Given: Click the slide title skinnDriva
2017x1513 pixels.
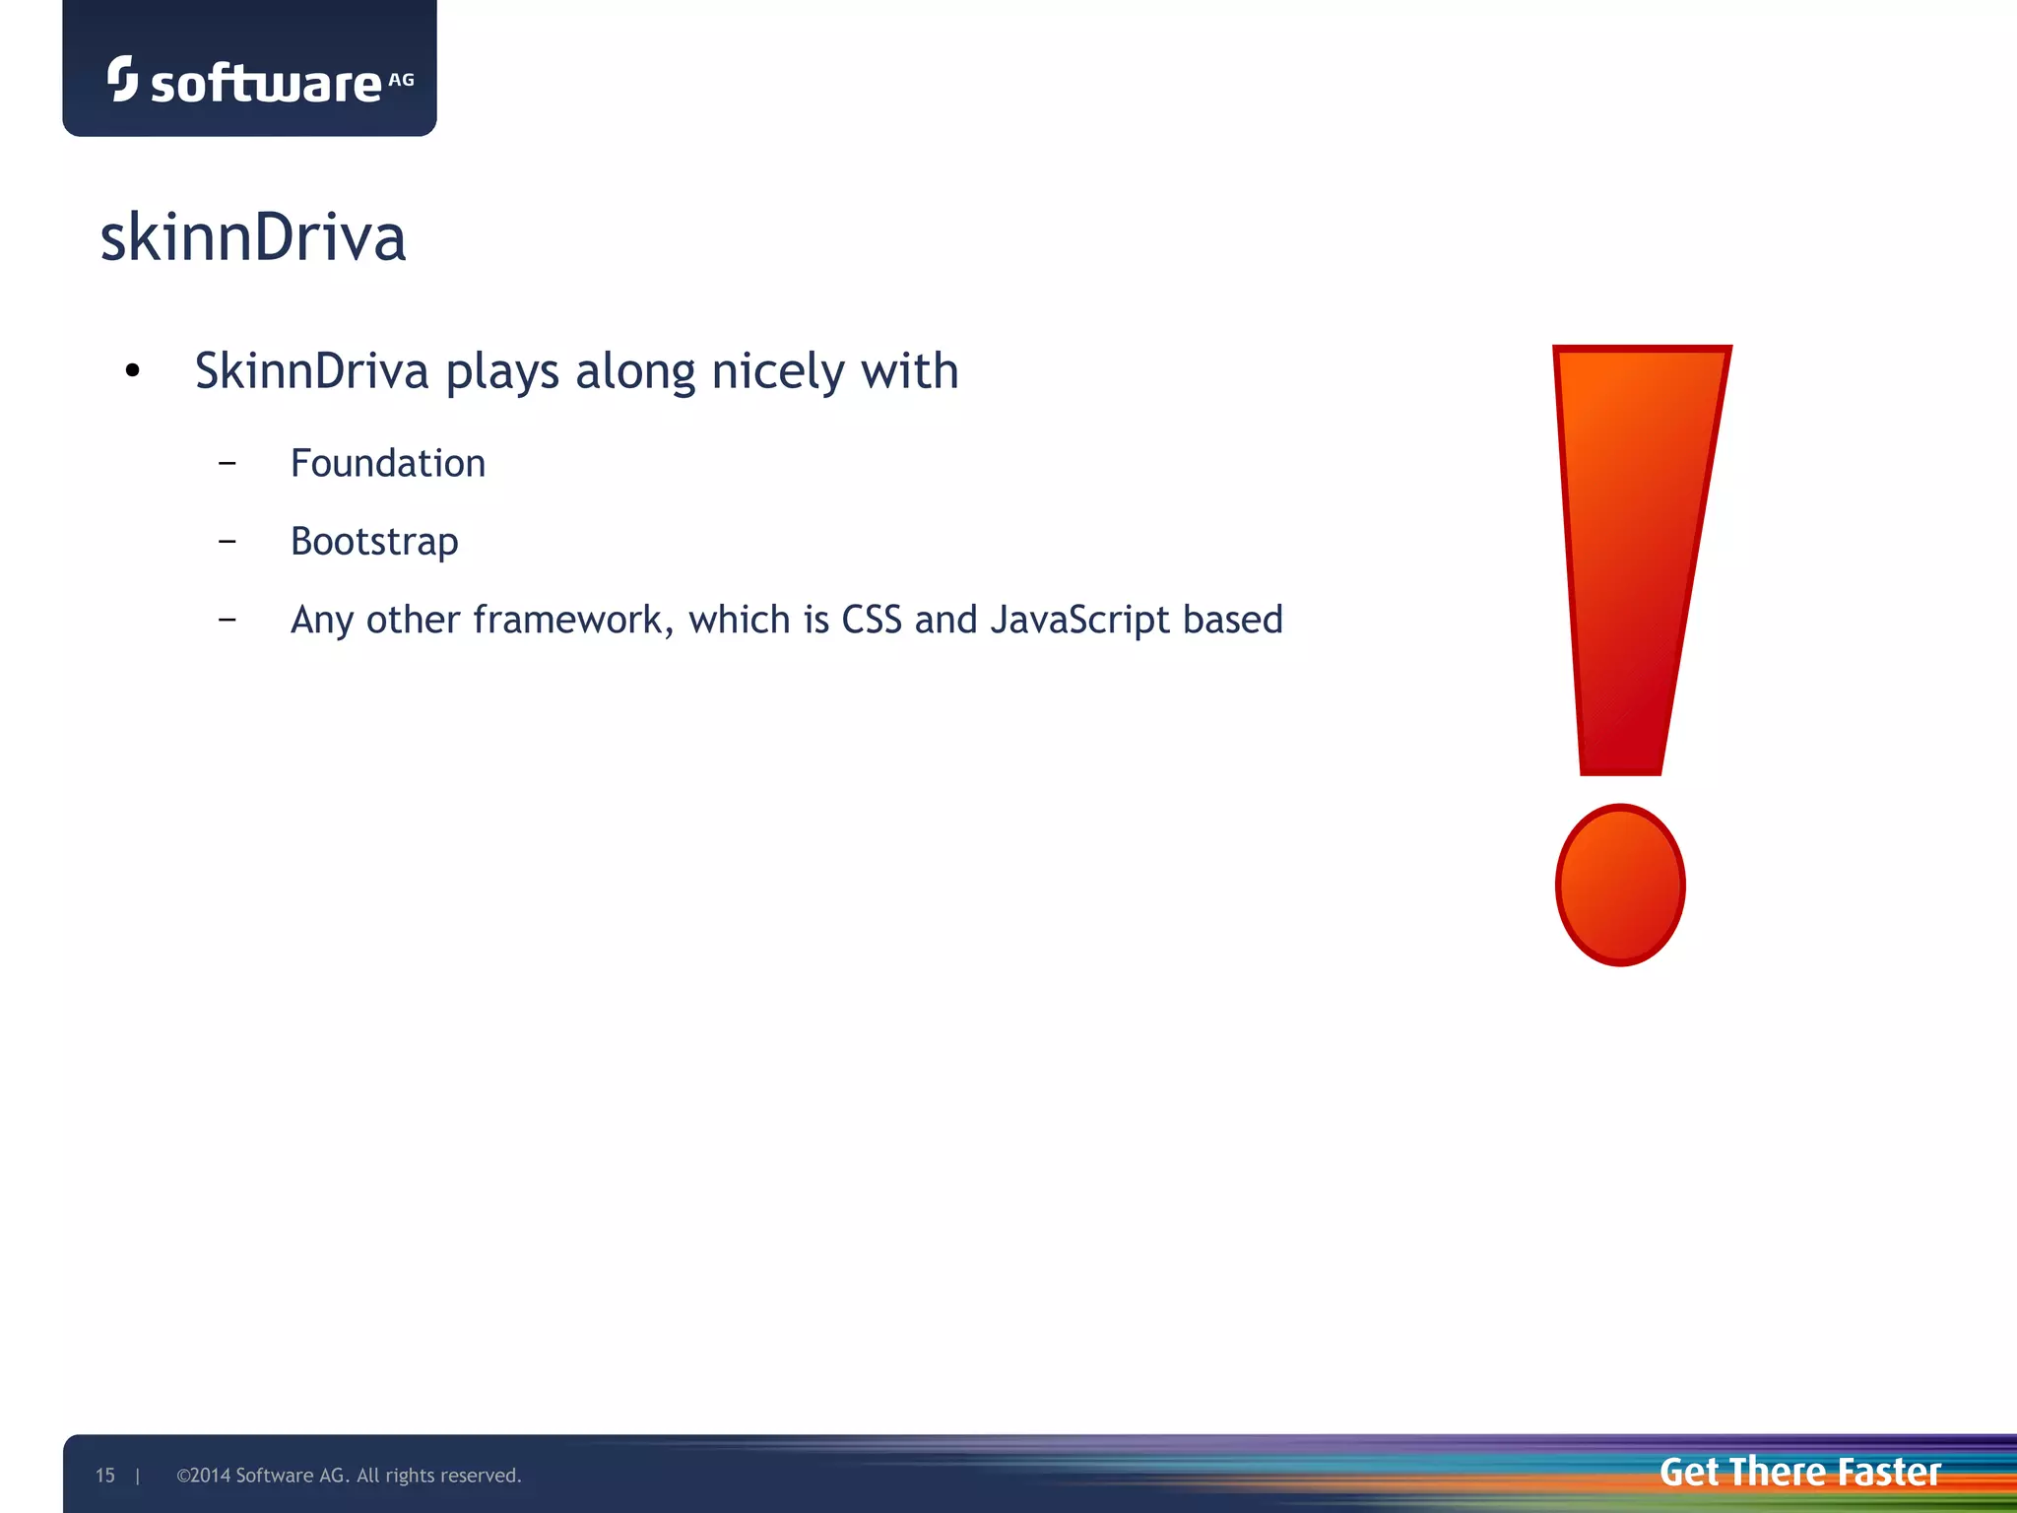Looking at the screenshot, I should tap(253, 238).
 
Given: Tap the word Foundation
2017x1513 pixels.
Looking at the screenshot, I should tap(387, 464).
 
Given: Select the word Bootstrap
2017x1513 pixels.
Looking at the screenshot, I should tap(374, 542).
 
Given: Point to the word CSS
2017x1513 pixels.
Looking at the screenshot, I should tap(871, 620).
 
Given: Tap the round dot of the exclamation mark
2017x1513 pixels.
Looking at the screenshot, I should tap(1620, 885).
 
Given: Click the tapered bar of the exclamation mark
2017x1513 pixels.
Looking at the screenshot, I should tap(1635, 552).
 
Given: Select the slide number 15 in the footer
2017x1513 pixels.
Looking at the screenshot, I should tap(104, 1476).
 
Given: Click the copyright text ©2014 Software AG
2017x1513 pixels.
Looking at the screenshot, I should tap(348, 1476).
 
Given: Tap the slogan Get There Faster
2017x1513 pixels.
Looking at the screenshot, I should tap(1799, 1472).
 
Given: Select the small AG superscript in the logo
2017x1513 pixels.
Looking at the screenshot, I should tap(401, 80).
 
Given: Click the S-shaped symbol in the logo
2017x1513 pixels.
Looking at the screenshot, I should tap(122, 78).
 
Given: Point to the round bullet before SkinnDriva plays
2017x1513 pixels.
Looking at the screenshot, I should tap(133, 371).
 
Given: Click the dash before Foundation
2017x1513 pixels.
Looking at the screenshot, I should tap(228, 462).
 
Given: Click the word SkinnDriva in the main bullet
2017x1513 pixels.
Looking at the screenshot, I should tap(311, 372).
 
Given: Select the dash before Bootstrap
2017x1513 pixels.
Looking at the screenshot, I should tap(228, 541).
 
